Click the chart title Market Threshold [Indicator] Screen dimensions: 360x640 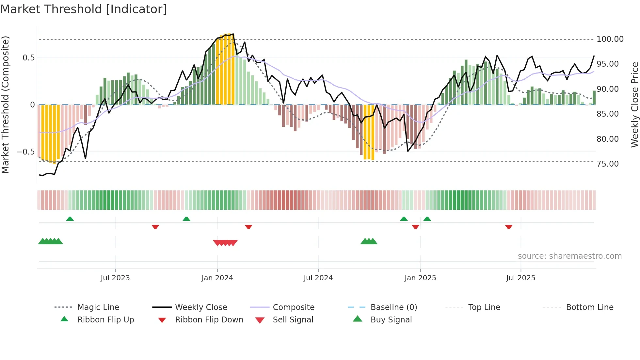pos(84,9)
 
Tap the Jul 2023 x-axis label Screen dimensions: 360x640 pos(115,278)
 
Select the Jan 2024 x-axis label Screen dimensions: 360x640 pos(217,278)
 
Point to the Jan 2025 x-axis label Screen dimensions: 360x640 pos(420,278)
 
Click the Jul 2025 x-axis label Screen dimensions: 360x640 pos(520,278)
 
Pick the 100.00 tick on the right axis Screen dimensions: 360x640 pos(610,39)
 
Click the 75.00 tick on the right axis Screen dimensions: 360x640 pos(607,164)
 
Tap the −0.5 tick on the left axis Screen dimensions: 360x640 pos(26,152)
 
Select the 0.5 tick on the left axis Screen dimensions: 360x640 pos(28,58)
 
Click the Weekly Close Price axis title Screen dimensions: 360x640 pos(634,105)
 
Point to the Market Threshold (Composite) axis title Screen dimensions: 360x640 pos(5,105)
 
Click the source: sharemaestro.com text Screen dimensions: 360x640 pos(569,256)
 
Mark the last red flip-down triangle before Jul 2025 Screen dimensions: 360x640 pos(508,227)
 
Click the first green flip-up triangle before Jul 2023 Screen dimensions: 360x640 pos(70,219)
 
